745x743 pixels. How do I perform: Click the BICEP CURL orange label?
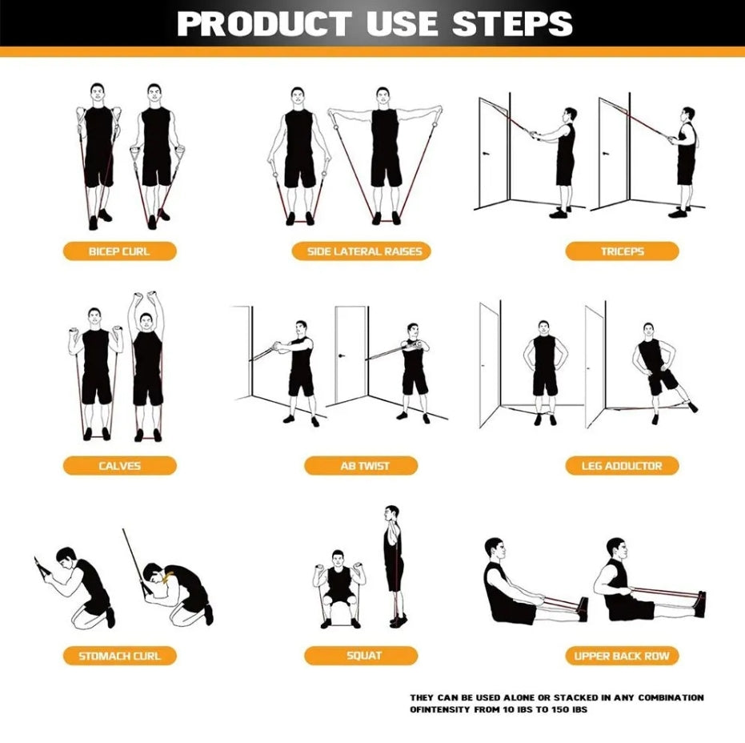[120, 251]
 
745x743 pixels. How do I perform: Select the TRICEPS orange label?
[622, 251]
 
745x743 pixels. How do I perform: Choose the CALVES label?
[120, 465]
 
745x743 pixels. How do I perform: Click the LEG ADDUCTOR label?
[622, 465]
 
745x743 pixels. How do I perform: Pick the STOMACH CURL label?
[120, 656]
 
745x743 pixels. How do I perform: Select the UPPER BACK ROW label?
[622, 656]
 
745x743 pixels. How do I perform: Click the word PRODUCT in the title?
[264, 23]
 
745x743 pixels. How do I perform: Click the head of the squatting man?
[338, 558]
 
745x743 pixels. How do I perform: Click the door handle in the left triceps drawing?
[485, 154]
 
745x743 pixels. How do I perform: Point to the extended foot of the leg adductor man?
[692, 407]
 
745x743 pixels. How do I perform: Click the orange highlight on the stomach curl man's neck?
[166, 577]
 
